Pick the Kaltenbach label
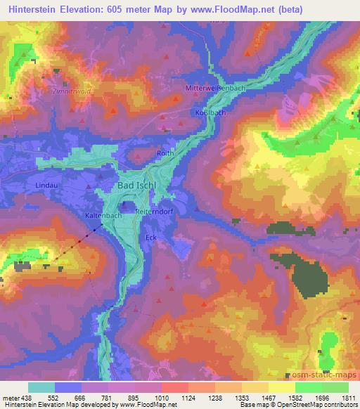103,216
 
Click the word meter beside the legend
9,397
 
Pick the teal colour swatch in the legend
41,387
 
